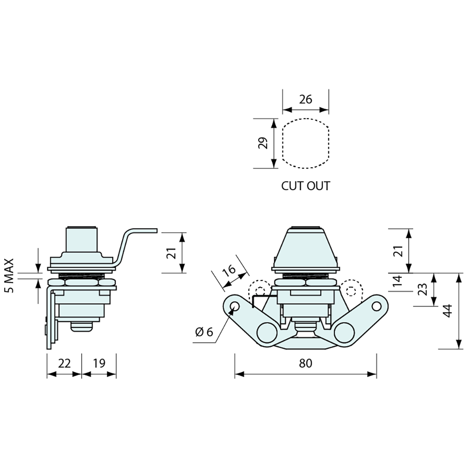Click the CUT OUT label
[305, 186]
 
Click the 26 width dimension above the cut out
[305, 99]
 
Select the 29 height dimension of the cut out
[263, 143]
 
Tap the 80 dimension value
[305, 363]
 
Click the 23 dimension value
[422, 289]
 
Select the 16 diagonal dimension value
[229, 271]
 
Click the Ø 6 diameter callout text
[205, 331]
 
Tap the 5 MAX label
[9, 276]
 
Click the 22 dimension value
[64, 363]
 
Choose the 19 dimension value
[99, 363]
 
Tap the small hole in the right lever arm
[377, 306]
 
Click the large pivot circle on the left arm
[266, 333]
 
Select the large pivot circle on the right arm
[344, 333]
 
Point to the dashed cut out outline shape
[305, 143]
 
